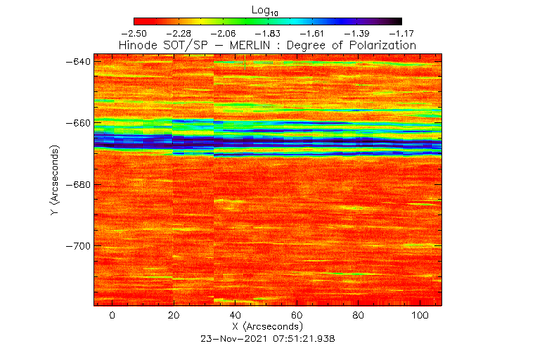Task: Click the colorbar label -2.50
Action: point(134,33)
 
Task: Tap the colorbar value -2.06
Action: point(223,33)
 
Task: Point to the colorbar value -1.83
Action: point(268,33)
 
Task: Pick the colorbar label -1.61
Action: point(312,33)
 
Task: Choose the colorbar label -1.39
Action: point(357,33)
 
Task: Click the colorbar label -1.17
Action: point(401,33)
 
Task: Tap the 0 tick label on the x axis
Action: point(112,316)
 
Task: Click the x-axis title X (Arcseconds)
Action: point(267,327)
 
